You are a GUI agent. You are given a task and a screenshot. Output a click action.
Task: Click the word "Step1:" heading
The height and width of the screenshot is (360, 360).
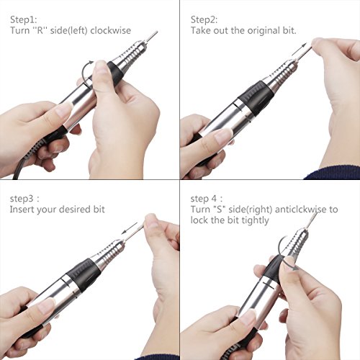(x=24, y=19)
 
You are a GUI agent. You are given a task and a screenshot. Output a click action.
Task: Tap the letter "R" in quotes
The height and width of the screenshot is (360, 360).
(x=40, y=30)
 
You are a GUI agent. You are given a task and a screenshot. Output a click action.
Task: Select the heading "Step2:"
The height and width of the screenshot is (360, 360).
(x=204, y=19)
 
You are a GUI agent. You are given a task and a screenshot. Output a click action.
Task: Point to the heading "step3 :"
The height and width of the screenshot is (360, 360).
(x=24, y=199)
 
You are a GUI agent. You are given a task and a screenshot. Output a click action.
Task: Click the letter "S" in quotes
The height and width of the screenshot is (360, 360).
(x=220, y=210)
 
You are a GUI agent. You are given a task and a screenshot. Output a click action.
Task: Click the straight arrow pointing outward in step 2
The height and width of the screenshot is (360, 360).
(x=300, y=50)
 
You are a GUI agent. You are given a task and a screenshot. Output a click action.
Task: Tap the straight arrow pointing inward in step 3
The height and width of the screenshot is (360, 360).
(x=129, y=228)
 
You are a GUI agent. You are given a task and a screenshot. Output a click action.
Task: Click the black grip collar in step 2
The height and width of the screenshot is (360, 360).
(x=256, y=98)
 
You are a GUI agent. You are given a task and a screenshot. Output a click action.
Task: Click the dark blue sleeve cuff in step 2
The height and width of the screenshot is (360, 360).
(x=333, y=174)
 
